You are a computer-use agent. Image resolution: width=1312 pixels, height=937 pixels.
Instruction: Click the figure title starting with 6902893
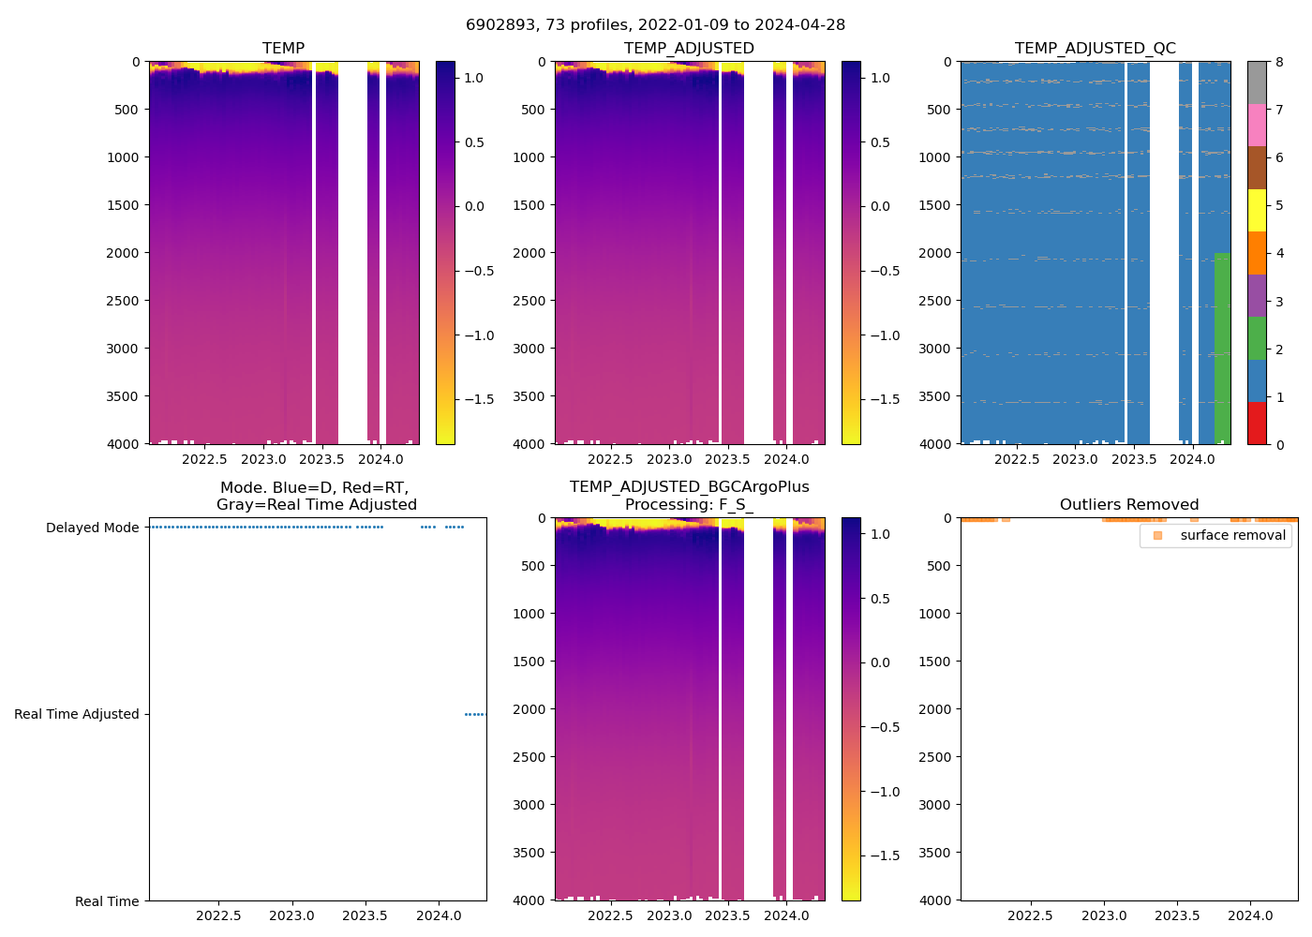655,25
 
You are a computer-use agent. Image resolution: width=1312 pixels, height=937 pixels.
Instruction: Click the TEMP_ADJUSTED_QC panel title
1095,49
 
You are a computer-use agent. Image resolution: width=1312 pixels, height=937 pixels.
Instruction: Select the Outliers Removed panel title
1128,505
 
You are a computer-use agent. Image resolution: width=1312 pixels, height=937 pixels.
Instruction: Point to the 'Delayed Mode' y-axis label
92,528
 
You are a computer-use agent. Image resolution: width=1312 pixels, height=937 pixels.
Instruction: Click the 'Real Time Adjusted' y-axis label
76,714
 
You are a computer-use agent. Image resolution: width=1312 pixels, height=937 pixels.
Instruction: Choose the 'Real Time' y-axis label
107,901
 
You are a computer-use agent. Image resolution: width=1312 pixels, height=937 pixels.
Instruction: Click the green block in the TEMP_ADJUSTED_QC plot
1222,347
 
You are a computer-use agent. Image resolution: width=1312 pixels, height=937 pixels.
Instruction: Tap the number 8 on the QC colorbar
1279,63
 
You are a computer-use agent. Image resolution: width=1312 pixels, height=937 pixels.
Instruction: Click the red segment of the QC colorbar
1257,424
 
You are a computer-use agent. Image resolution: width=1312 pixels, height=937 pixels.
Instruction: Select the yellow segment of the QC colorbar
1257,211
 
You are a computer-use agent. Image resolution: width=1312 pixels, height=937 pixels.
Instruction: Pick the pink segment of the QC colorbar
1257,126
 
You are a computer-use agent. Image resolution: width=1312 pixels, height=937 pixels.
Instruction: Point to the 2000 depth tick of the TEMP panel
123,253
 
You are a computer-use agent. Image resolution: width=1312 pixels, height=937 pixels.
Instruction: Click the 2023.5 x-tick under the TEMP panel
321,459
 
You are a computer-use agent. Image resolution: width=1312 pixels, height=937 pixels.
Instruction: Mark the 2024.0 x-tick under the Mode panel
438,915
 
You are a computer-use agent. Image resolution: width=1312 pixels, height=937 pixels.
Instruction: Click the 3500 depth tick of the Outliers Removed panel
934,853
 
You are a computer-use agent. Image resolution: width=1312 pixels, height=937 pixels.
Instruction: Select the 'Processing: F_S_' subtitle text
689,505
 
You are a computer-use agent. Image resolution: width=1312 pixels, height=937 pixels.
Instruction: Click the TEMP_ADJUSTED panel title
689,49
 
